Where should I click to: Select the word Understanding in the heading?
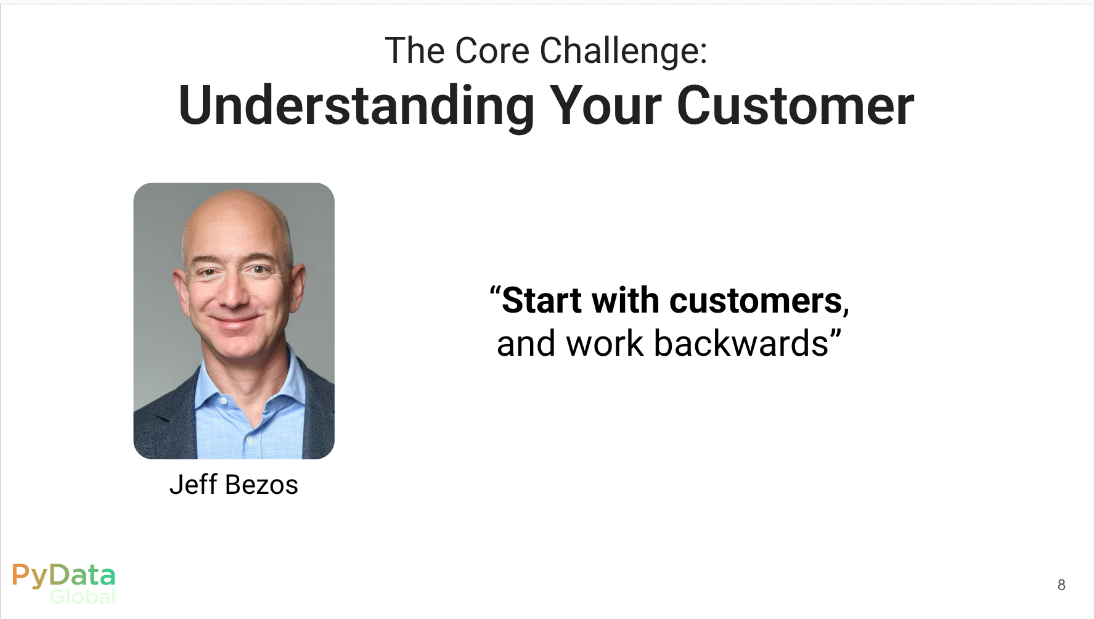click(x=356, y=107)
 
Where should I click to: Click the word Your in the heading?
click(x=606, y=106)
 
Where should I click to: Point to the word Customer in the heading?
click(x=795, y=106)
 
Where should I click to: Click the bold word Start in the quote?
click(x=542, y=301)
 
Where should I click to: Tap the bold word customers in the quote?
click(x=756, y=301)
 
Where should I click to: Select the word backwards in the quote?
click(x=741, y=343)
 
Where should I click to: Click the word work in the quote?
click(x=605, y=343)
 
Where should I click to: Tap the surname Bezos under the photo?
click(x=261, y=485)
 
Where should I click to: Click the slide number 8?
click(x=1061, y=584)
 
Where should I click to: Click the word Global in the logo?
click(x=83, y=596)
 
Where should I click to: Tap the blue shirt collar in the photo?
click(x=250, y=388)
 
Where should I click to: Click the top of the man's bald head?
click(x=236, y=192)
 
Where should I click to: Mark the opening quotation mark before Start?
click(x=495, y=292)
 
